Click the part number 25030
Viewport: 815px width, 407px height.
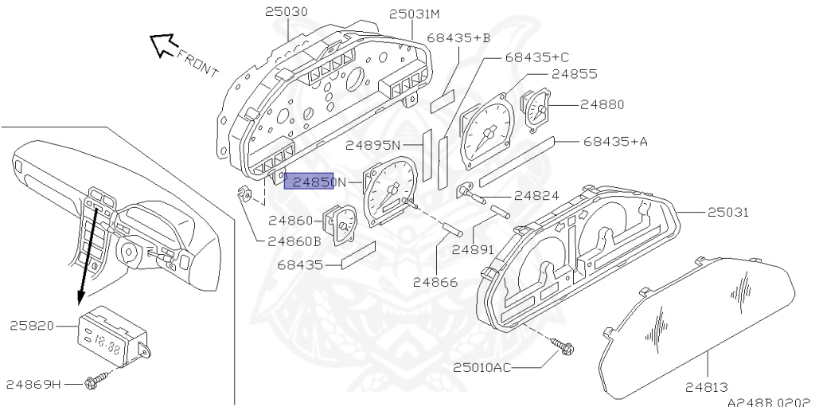click(x=287, y=12)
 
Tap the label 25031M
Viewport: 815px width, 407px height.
click(x=414, y=14)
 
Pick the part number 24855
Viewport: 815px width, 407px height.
click(x=576, y=74)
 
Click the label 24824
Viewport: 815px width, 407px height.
click(x=536, y=194)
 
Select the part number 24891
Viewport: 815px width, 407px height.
click(x=474, y=249)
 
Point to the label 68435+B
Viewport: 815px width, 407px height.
click(x=458, y=37)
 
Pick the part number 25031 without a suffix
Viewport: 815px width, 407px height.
click(x=731, y=213)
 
